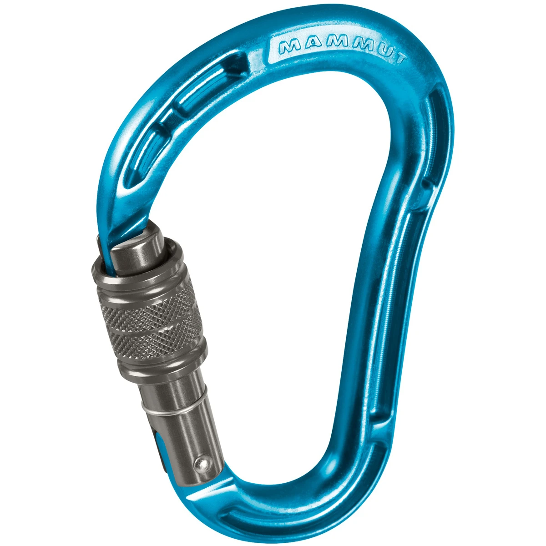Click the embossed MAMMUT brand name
343,51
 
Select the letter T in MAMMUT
399,58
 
